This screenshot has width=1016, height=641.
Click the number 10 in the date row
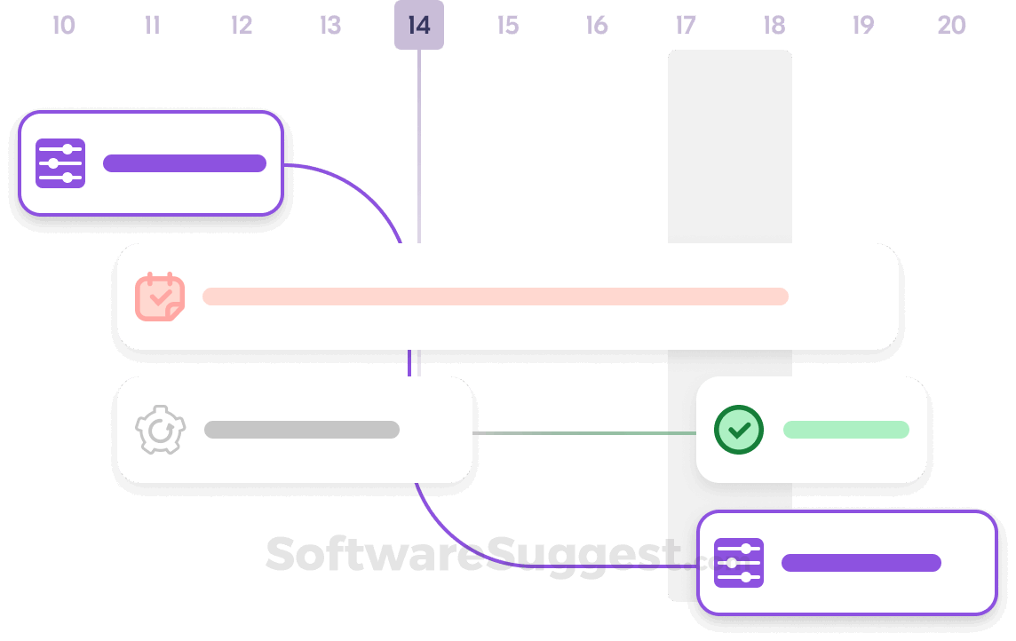(x=64, y=25)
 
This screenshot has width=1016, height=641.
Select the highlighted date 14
(x=419, y=25)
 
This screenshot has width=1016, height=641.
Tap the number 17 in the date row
(x=686, y=25)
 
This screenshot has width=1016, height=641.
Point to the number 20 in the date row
(x=951, y=25)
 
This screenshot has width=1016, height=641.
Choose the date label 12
(x=242, y=25)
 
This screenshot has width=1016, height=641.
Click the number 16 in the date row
(x=597, y=25)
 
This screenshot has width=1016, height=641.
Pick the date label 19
(x=863, y=25)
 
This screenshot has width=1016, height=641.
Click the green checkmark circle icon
(x=739, y=430)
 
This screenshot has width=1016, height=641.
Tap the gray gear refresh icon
(x=160, y=430)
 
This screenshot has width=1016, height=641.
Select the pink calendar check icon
(x=160, y=297)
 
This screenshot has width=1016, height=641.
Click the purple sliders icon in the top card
(x=60, y=163)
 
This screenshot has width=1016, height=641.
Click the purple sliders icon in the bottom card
(x=739, y=563)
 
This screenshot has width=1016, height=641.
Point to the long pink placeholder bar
(x=496, y=297)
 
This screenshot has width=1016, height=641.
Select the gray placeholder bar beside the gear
(x=302, y=430)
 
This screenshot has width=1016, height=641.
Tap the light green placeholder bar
(x=845, y=430)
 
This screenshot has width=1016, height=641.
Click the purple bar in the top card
(x=185, y=163)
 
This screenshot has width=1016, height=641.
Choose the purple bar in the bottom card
(x=861, y=563)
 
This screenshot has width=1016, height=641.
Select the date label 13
(x=330, y=25)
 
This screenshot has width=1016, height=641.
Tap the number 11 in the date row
(x=153, y=25)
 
